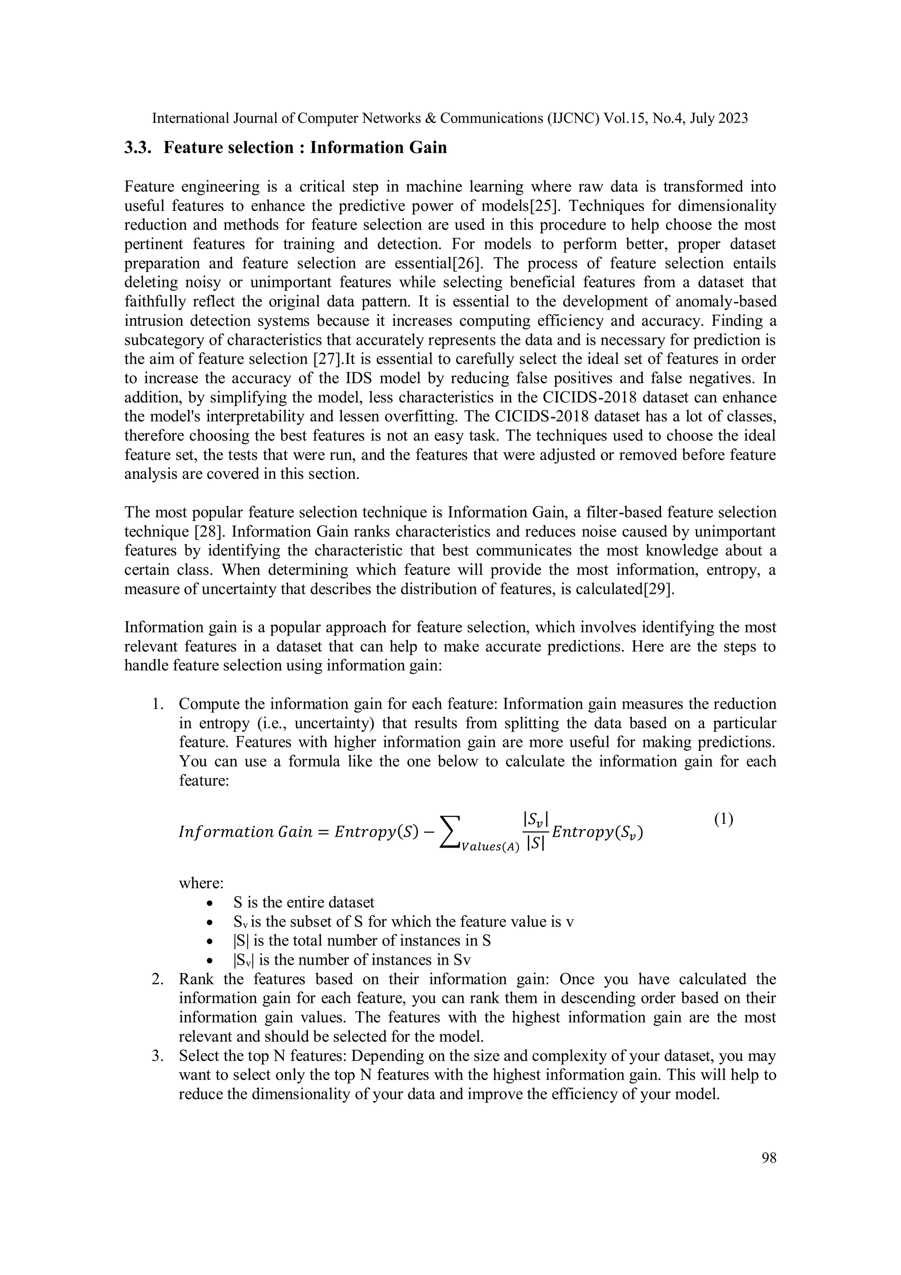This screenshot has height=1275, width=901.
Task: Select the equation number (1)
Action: click(723, 819)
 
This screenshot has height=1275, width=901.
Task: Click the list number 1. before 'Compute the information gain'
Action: click(157, 704)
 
